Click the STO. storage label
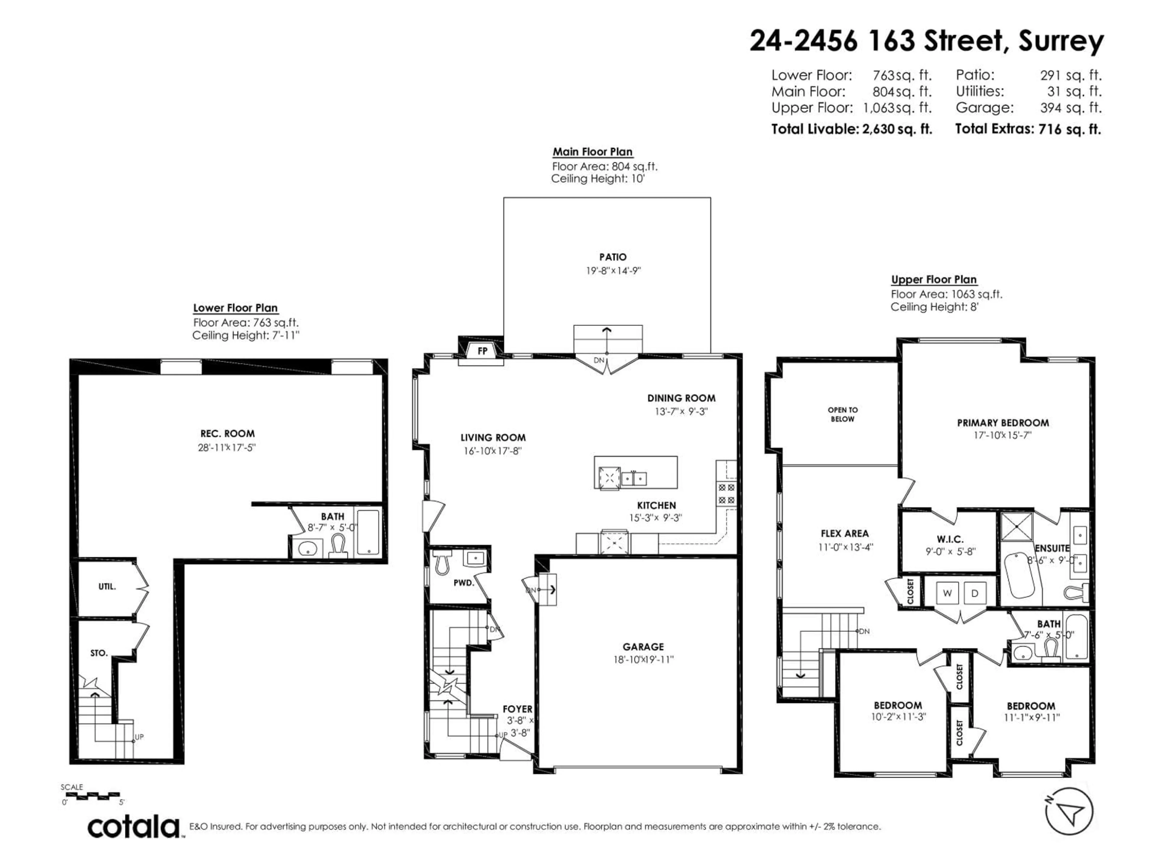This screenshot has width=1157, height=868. click(x=99, y=653)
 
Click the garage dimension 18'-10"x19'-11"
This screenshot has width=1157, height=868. click(x=643, y=660)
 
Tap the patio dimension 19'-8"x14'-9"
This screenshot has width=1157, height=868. click(x=613, y=271)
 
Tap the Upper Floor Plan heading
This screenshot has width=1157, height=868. click(x=934, y=280)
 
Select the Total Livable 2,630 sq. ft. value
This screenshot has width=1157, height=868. click(x=896, y=129)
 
